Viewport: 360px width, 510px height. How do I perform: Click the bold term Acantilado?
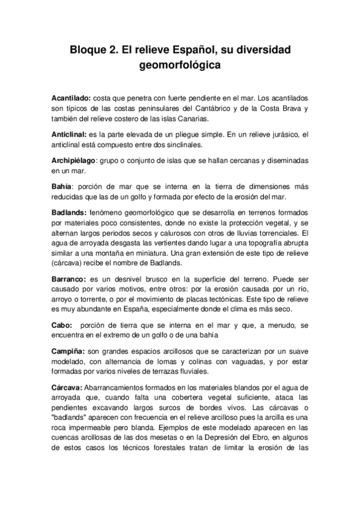click(x=71, y=97)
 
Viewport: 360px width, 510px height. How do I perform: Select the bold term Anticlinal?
click(x=69, y=135)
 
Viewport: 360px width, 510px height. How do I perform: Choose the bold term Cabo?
click(x=61, y=325)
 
